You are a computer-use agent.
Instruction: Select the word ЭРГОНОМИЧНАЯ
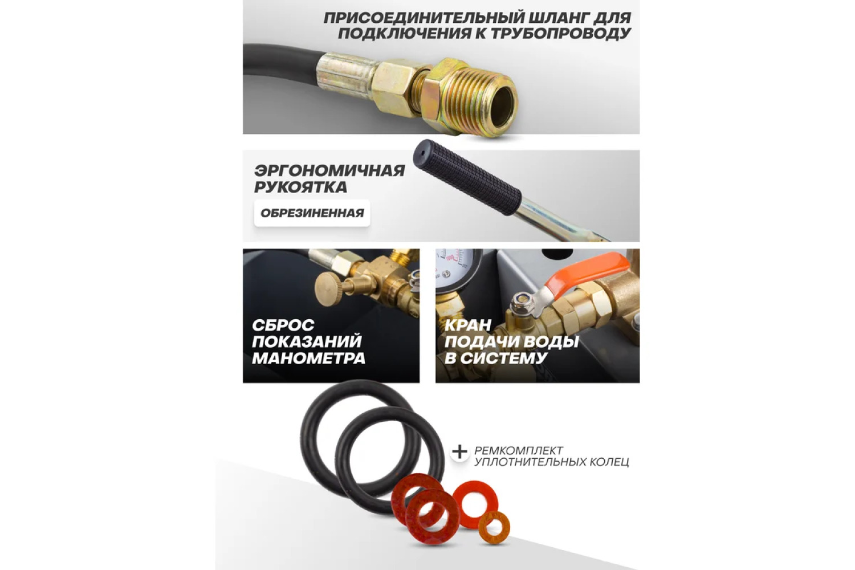pos(329,170)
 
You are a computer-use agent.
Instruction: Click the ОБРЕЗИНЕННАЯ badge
pos(312,213)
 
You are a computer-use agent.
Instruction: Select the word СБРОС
pos(283,325)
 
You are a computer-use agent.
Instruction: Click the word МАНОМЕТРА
pos(309,359)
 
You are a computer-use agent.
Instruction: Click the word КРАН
pos(467,325)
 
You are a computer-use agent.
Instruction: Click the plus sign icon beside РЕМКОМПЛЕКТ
pos(459,453)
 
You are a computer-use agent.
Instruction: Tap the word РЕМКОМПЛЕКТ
pos(519,450)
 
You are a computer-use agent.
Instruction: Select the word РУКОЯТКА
pos(301,187)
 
